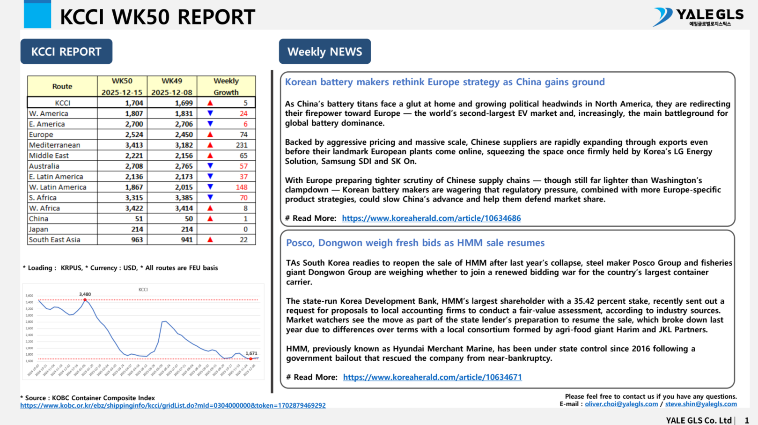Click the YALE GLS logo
click(x=698, y=17)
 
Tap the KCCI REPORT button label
click(x=66, y=52)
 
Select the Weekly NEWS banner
click(x=324, y=52)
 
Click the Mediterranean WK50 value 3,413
click(x=134, y=145)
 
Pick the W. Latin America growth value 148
click(x=242, y=187)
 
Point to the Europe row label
click(x=41, y=134)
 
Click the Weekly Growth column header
click(x=226, y=86)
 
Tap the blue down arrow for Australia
click(x=210, y=166)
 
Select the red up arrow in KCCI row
click(x=210, y=103)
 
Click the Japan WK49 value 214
click(x=187, y=229)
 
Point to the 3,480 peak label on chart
click(x=85, y=294)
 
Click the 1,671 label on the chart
click(x=251, y=353)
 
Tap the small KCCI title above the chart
click(x=143, y=290)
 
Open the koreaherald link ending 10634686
click(x=431, y=218)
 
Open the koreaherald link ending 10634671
click(x=432, y=377)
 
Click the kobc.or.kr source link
click(x=173, y=405)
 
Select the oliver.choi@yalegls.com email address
click(x=621, y=404)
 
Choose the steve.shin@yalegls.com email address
click(x=701, y=404)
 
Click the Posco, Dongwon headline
click(x=415, y=243)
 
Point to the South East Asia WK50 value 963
click(x=137, y=239)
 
